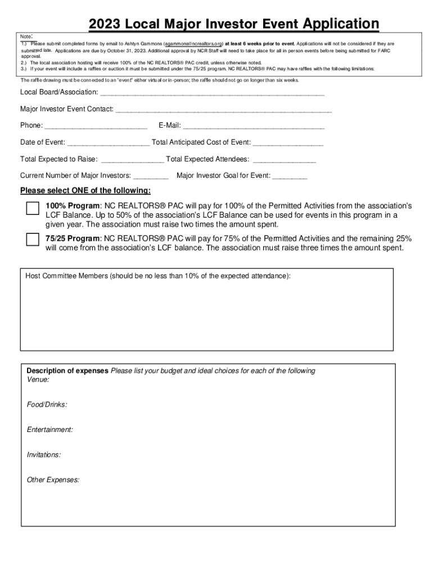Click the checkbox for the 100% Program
(x=33, y=208)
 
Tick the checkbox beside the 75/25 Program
(x=33, y=240)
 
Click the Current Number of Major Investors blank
(x=151, y=177)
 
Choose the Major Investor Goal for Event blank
(x=290, y=177)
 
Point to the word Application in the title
(x=341, y=24)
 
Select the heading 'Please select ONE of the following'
(x=85, y=190)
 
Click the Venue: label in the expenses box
(x=38, y=380)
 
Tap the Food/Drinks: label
(x=47, y=404)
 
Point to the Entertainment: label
(x=50, y=430)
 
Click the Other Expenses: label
(x=53, y=480)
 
